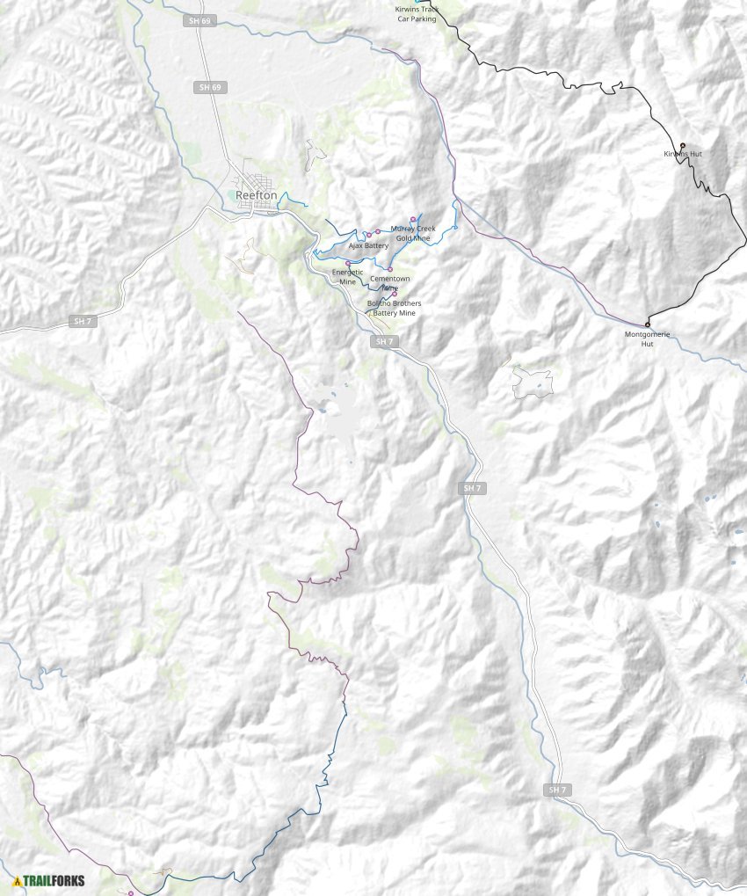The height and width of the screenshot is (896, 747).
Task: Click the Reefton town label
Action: tap(256, 195)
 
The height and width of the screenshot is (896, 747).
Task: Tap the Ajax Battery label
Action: tap(368, 246)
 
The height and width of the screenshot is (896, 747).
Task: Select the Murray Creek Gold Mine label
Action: tap(413, 233)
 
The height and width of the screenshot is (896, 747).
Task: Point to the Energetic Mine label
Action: tap(348, 277)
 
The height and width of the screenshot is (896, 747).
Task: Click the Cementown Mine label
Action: tap(384, 283)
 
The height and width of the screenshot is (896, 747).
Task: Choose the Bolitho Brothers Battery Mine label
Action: tap(394, 309)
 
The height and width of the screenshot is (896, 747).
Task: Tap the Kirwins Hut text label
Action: tap(683, 154)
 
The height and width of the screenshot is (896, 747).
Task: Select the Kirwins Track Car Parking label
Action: tap(417, 14)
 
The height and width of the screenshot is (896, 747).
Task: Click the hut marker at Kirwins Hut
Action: tap(683, 144)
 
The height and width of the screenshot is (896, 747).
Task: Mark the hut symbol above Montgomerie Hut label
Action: tap(648, 324)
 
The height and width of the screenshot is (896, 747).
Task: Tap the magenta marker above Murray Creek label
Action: tap(412, 218)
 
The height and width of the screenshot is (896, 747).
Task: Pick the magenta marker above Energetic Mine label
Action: tap(348, 262)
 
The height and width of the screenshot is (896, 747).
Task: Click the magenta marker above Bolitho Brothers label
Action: tap(395, 294)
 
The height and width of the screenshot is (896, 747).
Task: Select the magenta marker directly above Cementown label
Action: tap(390, 269)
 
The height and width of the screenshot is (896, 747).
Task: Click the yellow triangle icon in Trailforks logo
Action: tap(17, 880)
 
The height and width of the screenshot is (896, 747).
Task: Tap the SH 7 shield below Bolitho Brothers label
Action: tap(381, 340)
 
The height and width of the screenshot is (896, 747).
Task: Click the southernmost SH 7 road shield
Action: tap(556, 790)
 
